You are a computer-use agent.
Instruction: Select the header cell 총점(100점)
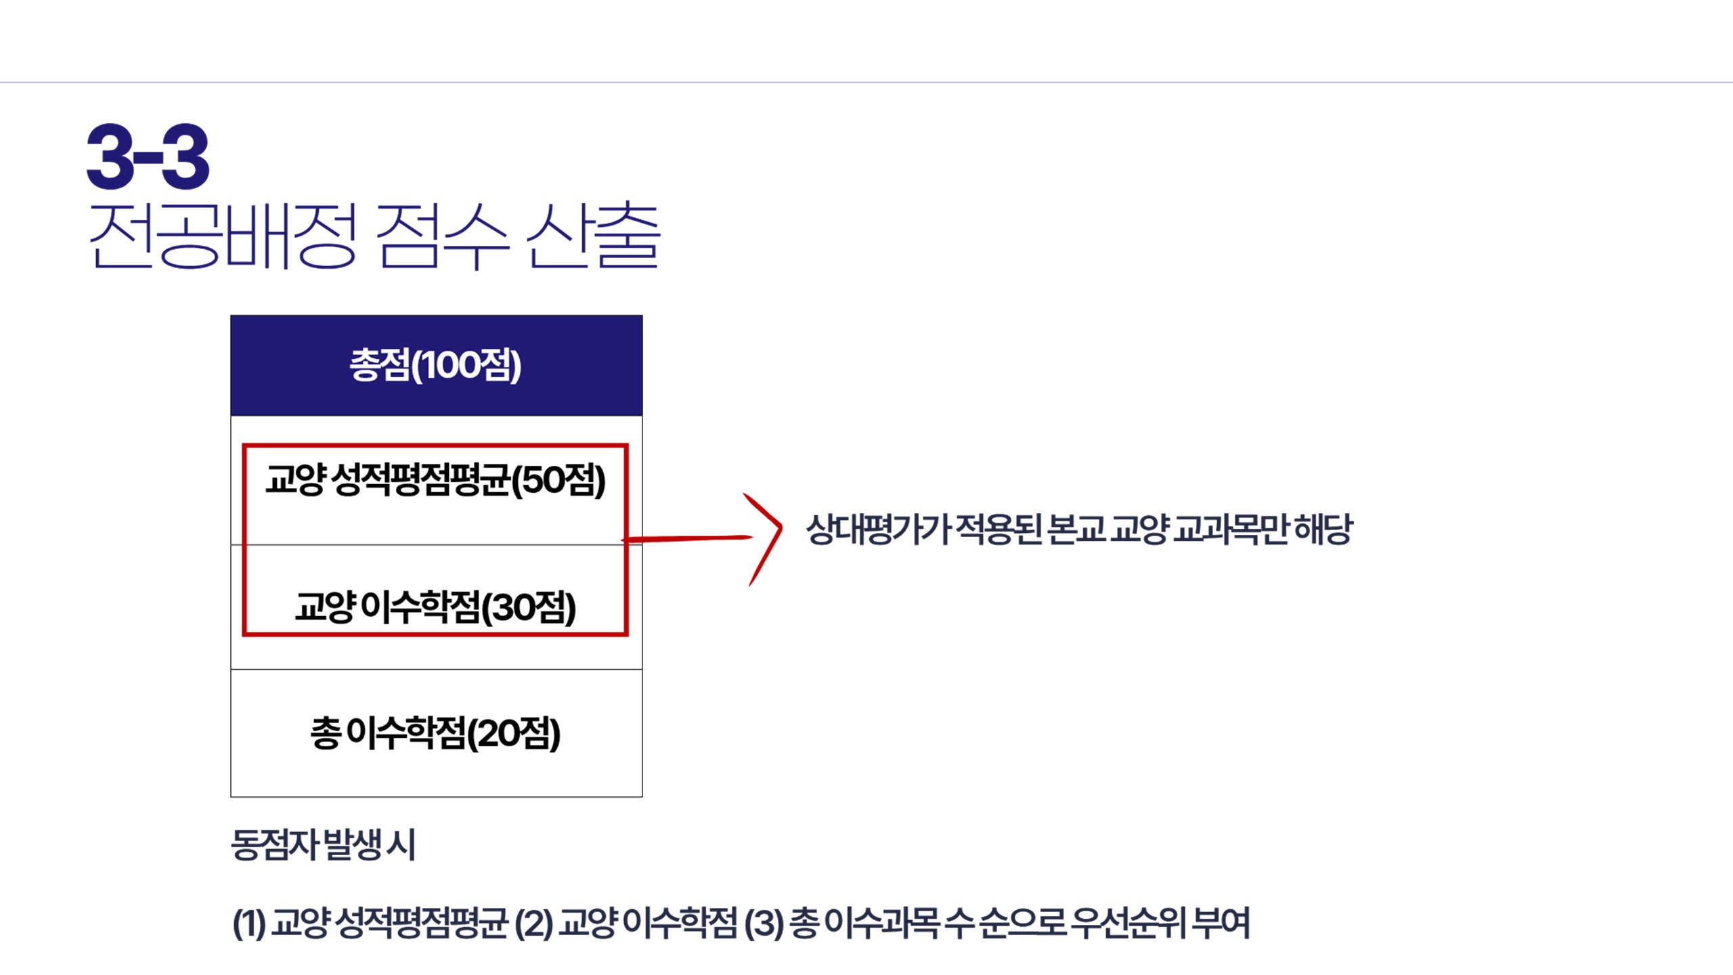point(436,365)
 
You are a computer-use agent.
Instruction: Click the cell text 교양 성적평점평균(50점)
point(435,480)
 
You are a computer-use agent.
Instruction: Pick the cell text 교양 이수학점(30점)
point(435,607)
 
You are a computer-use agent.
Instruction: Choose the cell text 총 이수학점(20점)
point(435,733)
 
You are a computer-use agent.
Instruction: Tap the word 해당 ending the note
point(1323,529)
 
